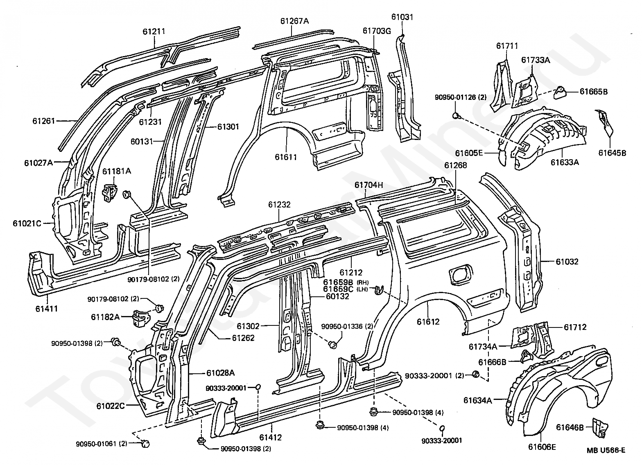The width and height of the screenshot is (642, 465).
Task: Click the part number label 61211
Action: [154, 31]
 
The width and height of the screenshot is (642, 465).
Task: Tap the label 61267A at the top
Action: [294, 21]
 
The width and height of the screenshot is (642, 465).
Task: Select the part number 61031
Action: [402, 17]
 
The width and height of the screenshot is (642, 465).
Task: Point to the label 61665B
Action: [594, 91]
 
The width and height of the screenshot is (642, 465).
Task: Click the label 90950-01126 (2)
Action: [461, 97]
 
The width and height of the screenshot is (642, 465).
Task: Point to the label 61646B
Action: [570, 427]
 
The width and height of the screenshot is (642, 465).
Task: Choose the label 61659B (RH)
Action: [346, 282]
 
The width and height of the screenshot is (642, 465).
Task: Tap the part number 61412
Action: [271, 437]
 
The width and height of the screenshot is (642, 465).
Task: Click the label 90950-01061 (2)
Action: [102, 444]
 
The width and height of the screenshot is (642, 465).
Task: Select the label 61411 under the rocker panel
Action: [47, 309]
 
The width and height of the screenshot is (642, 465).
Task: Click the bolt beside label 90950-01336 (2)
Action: [332, 344]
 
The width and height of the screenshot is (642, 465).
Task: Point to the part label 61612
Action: [428, 321]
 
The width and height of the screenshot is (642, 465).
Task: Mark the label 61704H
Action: [369, 185]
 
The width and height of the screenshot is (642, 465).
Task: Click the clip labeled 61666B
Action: [527, 356]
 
